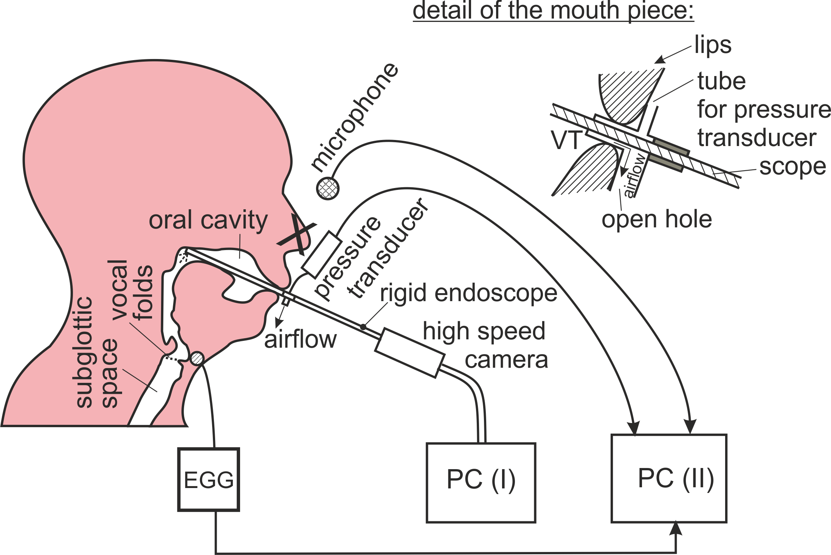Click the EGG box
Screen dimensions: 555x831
[209, 479]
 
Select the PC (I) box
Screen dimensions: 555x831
[481, 483]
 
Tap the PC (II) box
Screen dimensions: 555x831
[669, 478]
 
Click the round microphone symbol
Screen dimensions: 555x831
[327, 188]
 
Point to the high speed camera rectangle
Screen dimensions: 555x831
[409, 353]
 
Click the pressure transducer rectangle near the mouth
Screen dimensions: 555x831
[322, 255]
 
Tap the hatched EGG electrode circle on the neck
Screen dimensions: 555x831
[197, 358]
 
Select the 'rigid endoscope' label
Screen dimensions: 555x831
[468, 293]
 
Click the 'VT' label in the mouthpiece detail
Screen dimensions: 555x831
[566, 140]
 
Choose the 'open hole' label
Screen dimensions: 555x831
[657, 219]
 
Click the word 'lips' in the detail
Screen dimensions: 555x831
[713, 45]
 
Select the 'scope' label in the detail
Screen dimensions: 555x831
[792, 167]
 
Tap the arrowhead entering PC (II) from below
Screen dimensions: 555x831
[676, 529]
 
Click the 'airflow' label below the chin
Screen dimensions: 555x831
[300, 340]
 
